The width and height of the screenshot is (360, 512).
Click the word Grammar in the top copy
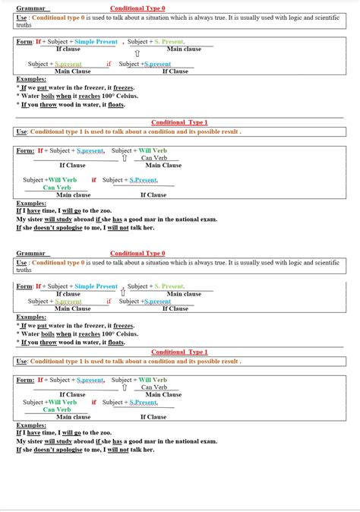(x=30, y=8)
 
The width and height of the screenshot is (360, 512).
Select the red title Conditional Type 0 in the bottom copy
(x=137, y=254)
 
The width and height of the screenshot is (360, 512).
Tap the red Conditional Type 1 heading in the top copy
(x=179, y=122)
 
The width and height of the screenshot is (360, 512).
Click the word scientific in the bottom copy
(x=325, y=262)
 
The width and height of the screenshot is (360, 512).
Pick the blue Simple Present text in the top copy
(x=96, y=42)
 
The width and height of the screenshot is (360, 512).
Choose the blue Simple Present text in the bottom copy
(x=96, y=286)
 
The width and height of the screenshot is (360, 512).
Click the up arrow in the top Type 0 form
(x=137, y=54)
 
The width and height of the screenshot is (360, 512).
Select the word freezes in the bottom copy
(x=134, y=325)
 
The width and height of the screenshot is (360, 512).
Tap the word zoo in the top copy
(x=106, y=210)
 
